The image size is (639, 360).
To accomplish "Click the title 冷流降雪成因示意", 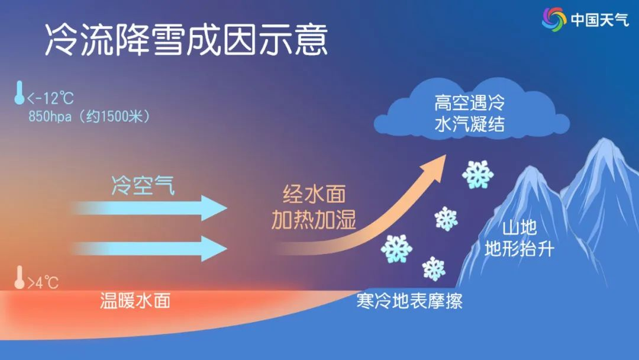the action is coord(186,39).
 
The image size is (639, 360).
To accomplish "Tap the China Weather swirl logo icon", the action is coord(554,19).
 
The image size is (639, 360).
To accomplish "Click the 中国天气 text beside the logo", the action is coord(599,20).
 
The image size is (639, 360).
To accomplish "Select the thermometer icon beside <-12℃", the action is coord(19,92).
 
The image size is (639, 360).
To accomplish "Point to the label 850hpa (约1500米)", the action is coord(89,117).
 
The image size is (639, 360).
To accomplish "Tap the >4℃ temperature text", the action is coord(43,282).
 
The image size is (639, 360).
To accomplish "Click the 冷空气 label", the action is coord(143,185).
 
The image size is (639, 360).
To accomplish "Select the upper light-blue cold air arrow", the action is coord(149,208).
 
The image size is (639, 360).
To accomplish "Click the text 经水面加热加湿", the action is coord(314,207).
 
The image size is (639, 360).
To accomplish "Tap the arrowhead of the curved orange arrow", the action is coord(433,168).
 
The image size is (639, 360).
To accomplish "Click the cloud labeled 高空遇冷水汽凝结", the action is coord(472,110).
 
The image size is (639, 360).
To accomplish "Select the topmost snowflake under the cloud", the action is coord(477,175).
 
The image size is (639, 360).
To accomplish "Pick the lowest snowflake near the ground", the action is coord(434,269).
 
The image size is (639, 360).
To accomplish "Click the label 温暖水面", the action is coord(135,301).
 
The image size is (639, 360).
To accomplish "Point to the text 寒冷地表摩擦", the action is coord(409,301).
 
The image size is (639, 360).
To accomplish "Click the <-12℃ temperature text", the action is coord(50,98).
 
